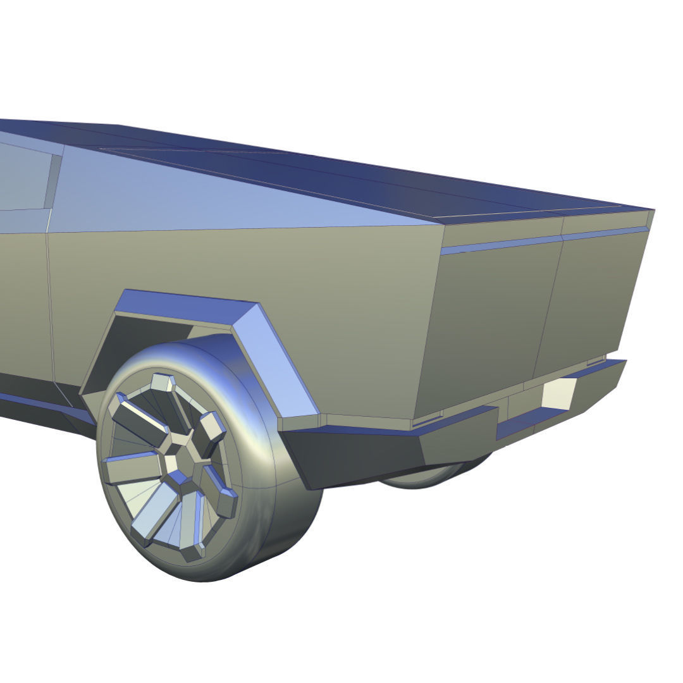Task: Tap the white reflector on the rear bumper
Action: (x=558, y=392)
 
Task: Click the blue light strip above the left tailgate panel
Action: (x=500, y=245)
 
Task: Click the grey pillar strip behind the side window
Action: (x=53, y=181)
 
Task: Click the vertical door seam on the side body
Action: (x=51, y=304)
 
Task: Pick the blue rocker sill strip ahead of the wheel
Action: (x=38, y=405)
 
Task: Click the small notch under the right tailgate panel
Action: (x=596, y=361)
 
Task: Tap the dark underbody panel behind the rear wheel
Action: (x=354, y=455)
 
